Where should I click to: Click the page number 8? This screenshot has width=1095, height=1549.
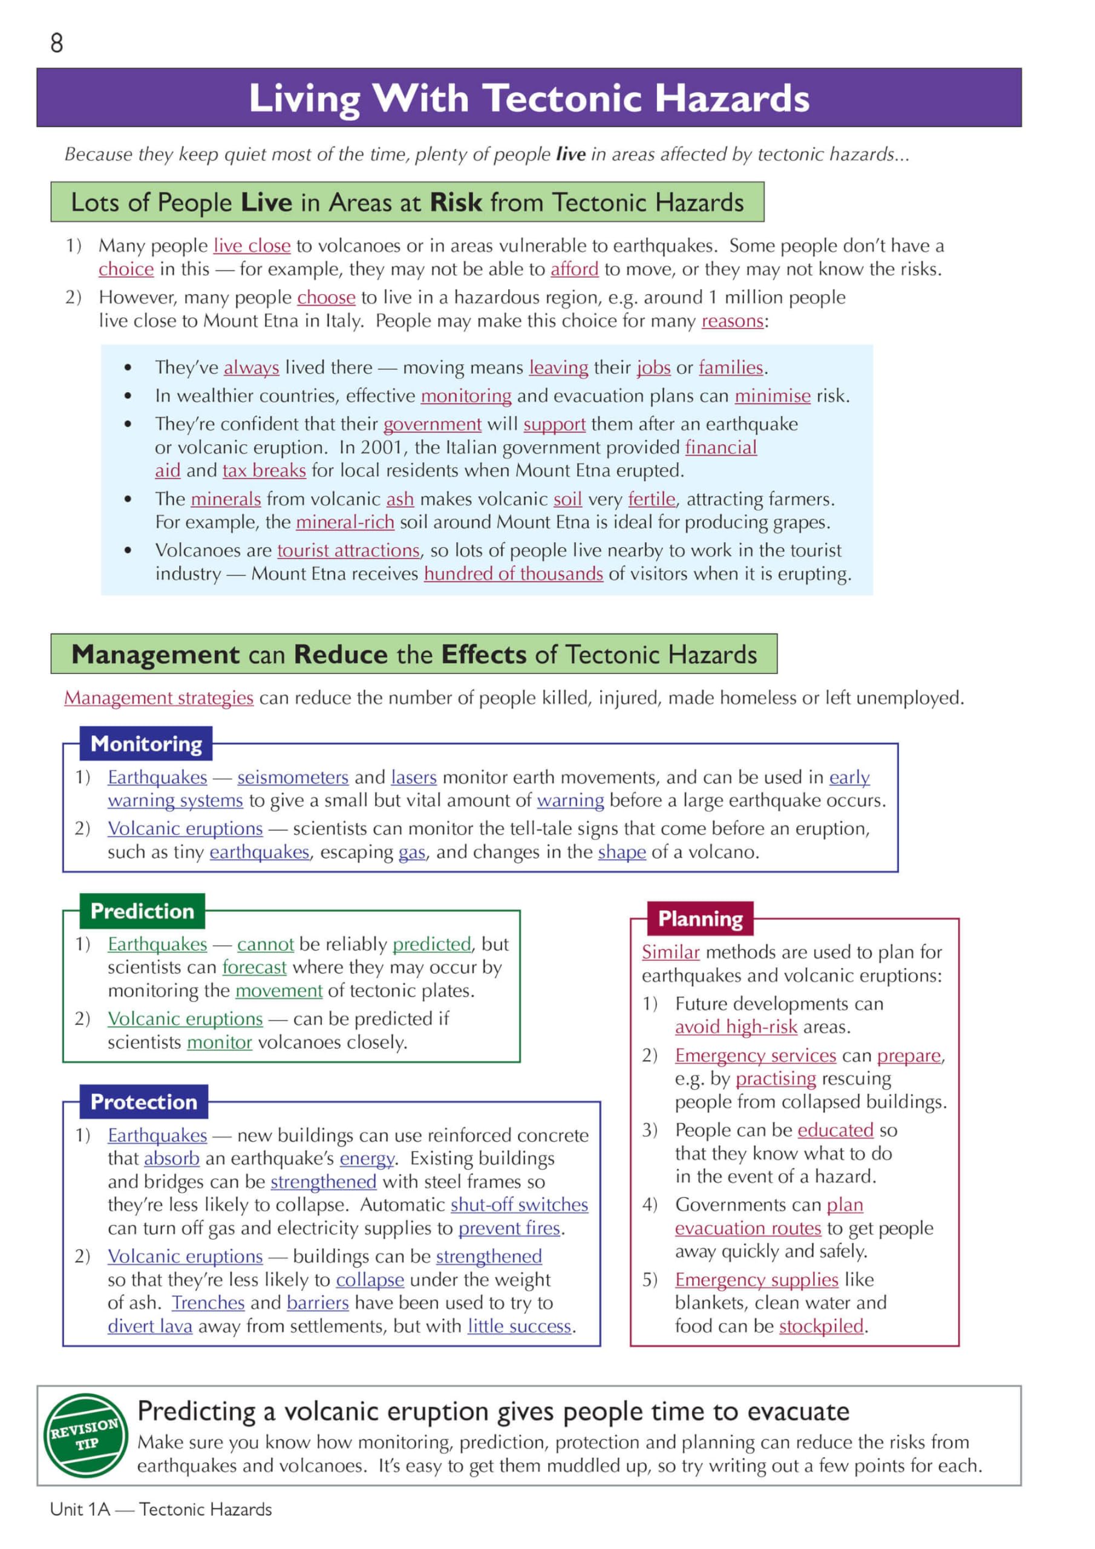coord(57,43)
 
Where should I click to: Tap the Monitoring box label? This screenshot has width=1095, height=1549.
coord(146,744)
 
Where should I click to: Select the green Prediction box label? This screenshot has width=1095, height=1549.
coord(142,911)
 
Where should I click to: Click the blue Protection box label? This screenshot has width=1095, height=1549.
coord(144,1102)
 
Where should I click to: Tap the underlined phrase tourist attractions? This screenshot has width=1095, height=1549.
coord(348,551)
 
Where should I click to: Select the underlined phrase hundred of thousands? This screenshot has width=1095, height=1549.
coord(513,574)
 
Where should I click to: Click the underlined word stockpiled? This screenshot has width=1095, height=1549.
coord(821,1326)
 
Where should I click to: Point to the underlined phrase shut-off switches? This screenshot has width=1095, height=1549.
coord(519,1205)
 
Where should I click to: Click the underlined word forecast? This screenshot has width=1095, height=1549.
coord(254,968)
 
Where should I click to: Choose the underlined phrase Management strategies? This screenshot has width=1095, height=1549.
coord(159,698)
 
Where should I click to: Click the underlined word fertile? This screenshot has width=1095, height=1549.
coord(651,499)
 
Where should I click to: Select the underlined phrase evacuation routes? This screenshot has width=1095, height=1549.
coord(748,1228)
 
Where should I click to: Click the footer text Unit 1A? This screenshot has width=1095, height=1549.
coord(80,1509)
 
